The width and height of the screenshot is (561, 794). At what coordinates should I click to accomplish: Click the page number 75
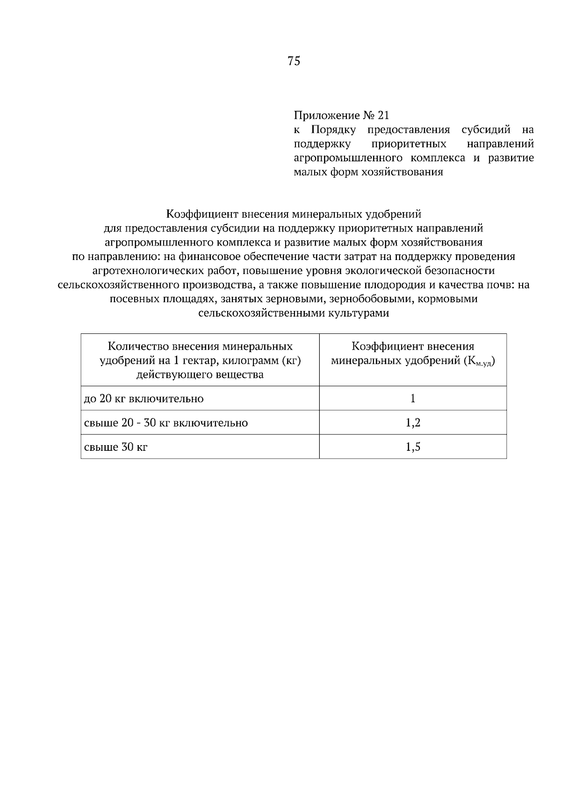(x=294, y=61)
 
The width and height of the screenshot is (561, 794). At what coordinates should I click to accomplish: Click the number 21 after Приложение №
(x=383, y=115)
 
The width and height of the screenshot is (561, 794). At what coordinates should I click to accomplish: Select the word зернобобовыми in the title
(x=371, y=299)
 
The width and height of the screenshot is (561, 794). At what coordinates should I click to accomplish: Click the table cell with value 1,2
(x=413, y=423)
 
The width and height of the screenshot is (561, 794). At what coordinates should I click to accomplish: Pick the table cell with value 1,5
(x=413, y=447)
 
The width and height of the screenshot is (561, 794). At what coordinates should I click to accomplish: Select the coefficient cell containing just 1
(x=413, y=398)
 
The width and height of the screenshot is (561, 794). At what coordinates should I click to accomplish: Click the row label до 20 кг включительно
(x=144, y=399)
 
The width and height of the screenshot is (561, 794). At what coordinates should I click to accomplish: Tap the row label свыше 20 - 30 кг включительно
(x=165, y=423)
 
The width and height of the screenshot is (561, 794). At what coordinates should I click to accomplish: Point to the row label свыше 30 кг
(x=115, y=448)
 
